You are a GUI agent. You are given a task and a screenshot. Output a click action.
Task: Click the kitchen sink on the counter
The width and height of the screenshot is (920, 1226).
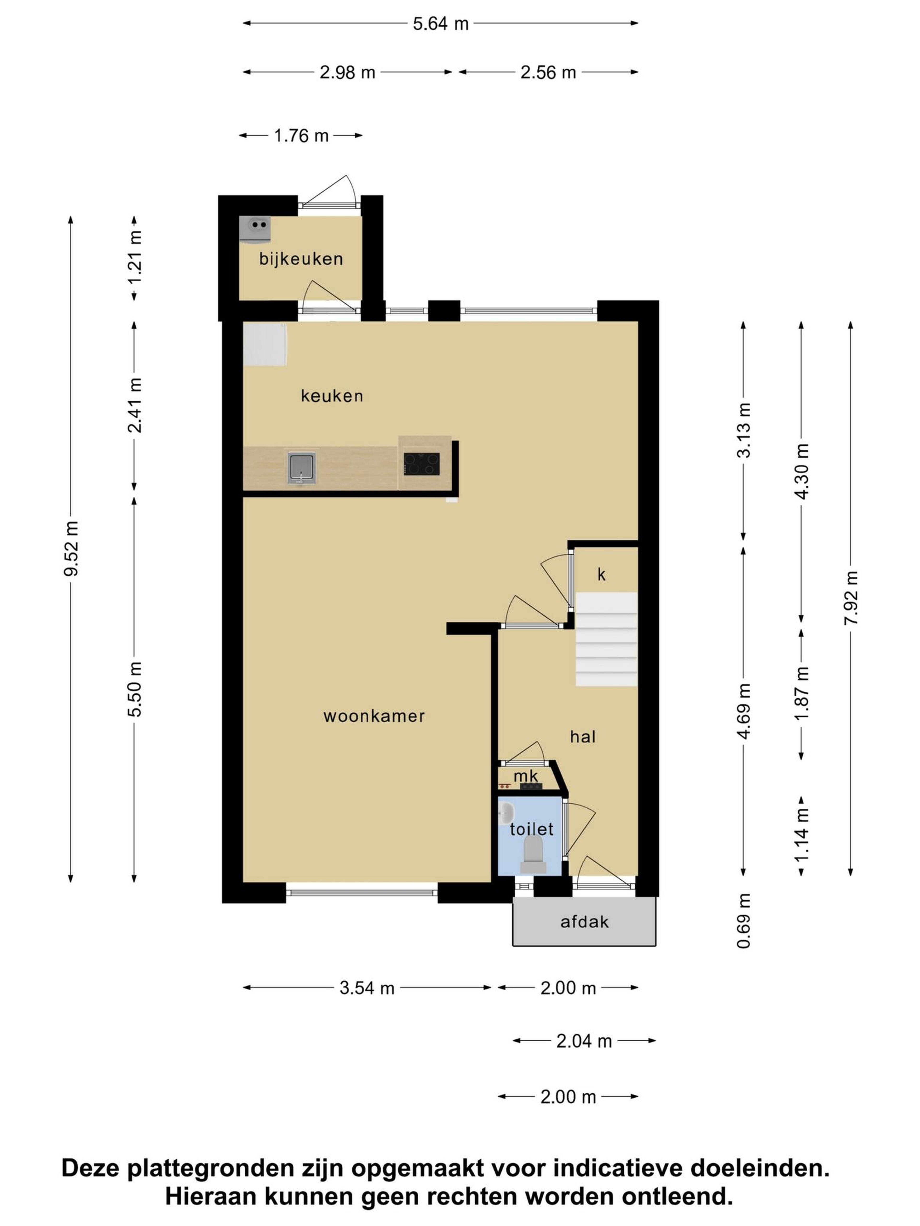301,467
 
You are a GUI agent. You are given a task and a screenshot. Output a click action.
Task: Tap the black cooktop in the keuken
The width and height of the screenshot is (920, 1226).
421,464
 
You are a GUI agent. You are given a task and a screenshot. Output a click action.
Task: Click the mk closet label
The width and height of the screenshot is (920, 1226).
526,776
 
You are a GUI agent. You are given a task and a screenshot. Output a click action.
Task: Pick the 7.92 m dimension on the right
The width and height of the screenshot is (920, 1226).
851,597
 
